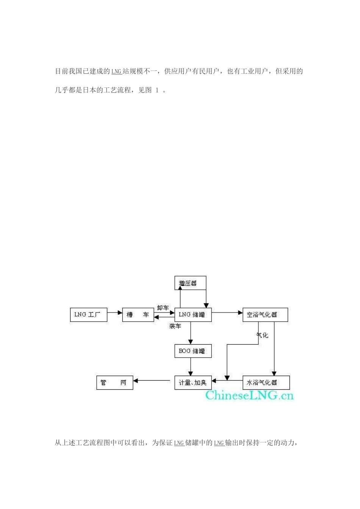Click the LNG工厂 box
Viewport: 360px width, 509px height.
pyautogui.click(x=89, y=315)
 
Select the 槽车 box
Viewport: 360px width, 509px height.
pyautogui.click(x=138, y=315)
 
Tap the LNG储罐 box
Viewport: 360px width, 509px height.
pyautogui.click(x=193, y=315)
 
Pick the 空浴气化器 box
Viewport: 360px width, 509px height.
pyautogui.click(x=265, y=315)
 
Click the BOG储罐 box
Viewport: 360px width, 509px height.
pyautogui.click(x=193, y=351)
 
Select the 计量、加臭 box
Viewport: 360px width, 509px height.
pyautogui.click(x=193, y=383)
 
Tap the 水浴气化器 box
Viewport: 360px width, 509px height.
pyautogui.click(x=266, y=383)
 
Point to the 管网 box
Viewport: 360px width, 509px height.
pyautogui.click(x=114, y=383)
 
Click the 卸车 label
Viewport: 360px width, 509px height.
pyautogui.click(x=163, y=308)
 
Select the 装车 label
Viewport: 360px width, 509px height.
pyautogui.click(x=175, y=326)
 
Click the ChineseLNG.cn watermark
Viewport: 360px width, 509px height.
pyautogui.click(x=249, y=395)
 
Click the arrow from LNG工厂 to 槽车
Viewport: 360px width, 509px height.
pyautogui.click(x=114, y=313)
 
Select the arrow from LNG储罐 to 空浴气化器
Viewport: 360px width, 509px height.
pyautogui.click(x=227, y=313)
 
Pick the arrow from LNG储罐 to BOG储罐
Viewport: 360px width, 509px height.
pyautogui.click(x=191, y=333)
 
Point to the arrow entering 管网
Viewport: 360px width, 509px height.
pyautogui.click(x=152, y=381)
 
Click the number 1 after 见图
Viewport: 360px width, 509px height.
pyautogui.click(x=157, y=91)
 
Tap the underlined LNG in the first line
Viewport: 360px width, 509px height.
pyautogui.click(x=116, y=72)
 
